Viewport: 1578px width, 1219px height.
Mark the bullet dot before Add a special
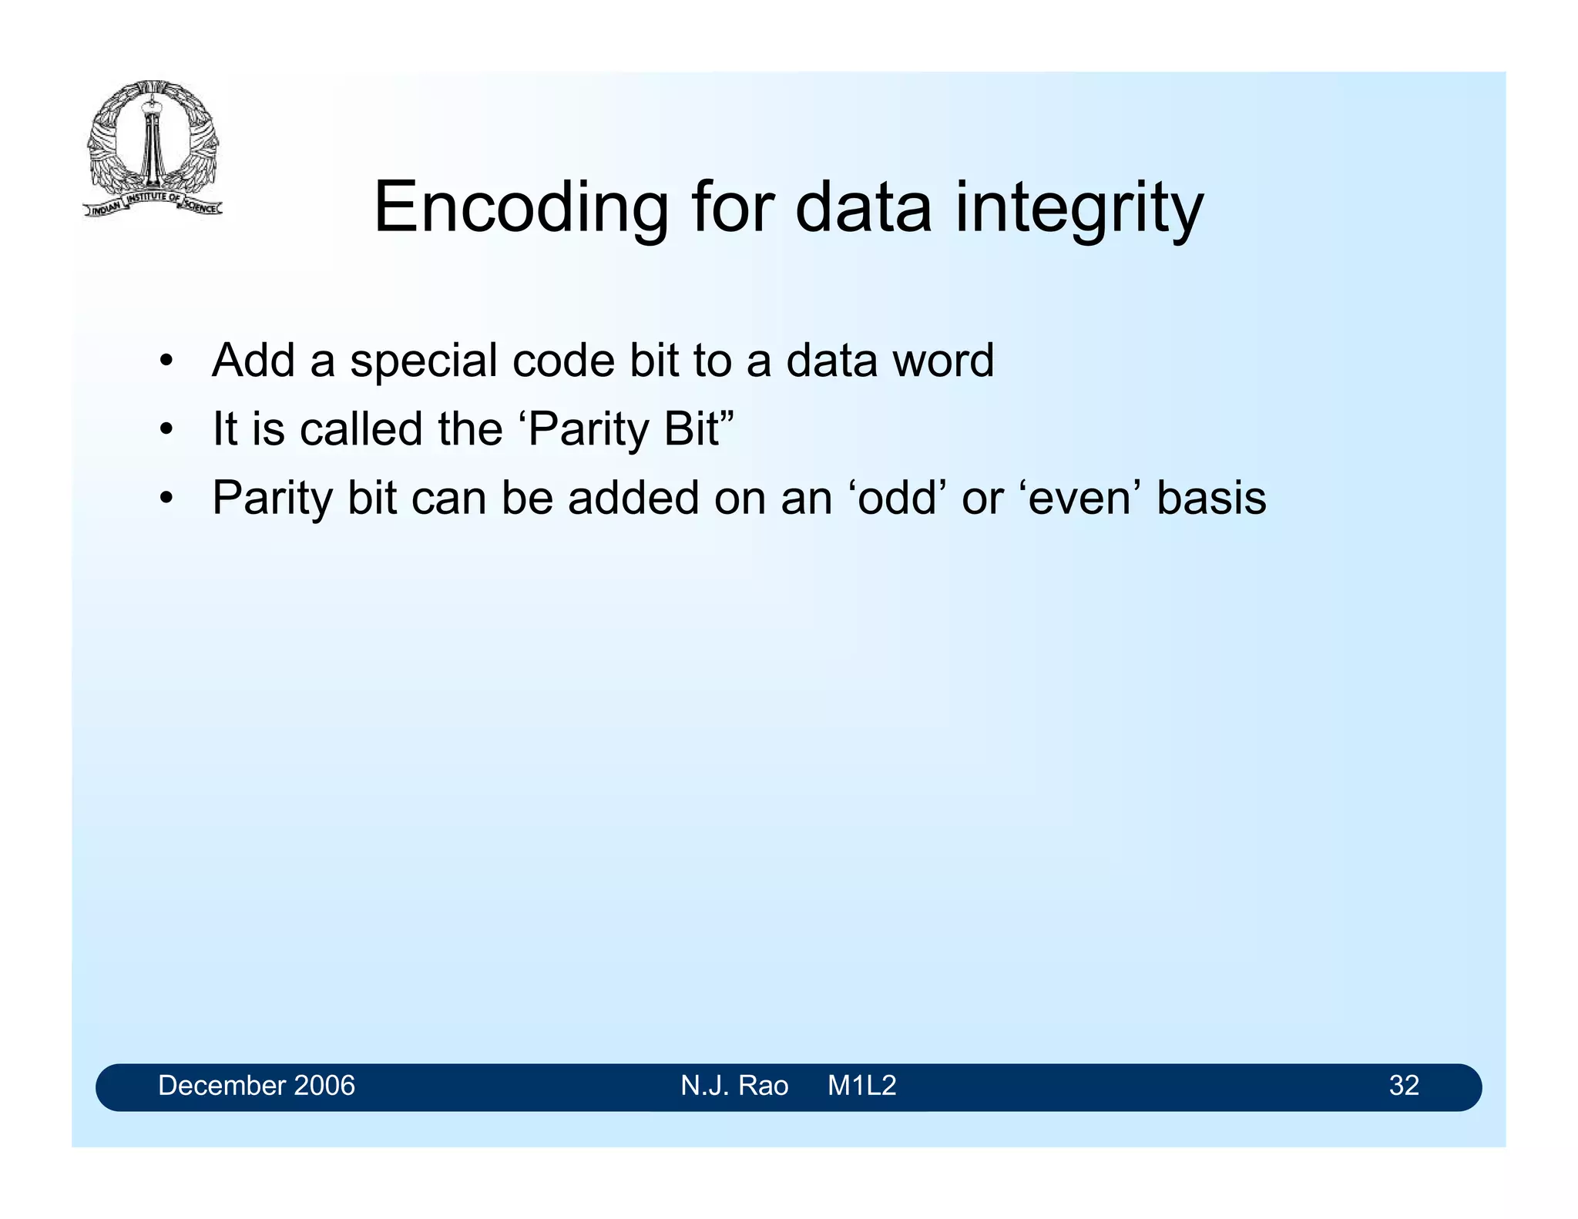point(165,361)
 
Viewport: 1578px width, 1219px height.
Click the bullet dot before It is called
point(165,430)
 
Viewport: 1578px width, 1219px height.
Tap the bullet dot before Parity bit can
point(165,499)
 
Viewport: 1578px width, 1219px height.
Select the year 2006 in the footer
point(324,1086)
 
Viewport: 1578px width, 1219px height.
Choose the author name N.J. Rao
point(734,1086)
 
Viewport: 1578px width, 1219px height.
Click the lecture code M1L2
point(861,1086)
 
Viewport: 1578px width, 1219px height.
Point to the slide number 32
point(1403,1086)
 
